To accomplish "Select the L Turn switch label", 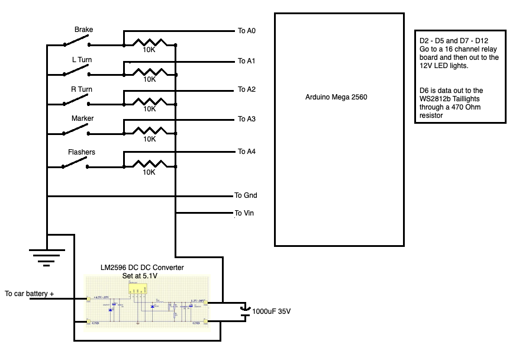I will pos(82,60).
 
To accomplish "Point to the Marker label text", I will pos(83,118).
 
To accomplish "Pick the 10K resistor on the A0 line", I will pos(149,43).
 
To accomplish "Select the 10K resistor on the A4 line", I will pos(149,164).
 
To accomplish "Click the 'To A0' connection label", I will pos(246,31).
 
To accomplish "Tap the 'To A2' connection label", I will pos(246,90).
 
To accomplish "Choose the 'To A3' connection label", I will pos(246,120).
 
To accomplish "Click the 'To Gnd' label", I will pos(246,195).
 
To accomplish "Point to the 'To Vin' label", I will pos(244,213).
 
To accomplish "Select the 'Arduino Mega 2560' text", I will pos(336,97).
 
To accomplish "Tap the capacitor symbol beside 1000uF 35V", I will pos(245,311).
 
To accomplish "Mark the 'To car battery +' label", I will pos(30,294).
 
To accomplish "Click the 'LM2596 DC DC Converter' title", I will pos(142,268).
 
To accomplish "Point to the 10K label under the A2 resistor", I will pos(149,109).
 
